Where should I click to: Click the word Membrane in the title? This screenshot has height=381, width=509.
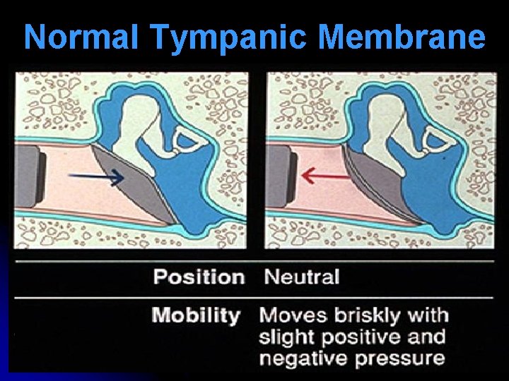(407, 37)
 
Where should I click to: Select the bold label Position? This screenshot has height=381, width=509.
(199, 277)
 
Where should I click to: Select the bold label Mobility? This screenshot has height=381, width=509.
(196, 315)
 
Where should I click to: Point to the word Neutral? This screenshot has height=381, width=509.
(301, 277)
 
